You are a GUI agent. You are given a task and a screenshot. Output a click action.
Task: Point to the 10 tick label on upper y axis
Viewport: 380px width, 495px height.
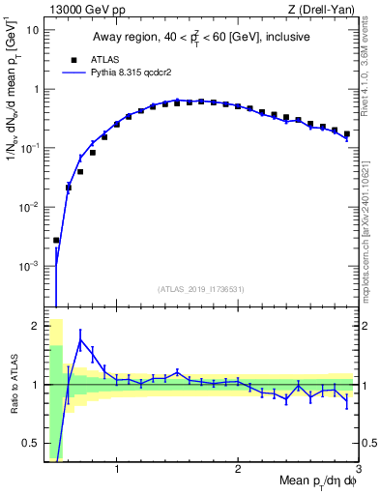pos(32,30)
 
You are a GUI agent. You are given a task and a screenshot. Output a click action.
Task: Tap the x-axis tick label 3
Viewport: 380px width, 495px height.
pos(358,470)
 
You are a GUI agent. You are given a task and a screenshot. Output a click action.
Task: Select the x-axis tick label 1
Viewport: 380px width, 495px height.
pos(117,470)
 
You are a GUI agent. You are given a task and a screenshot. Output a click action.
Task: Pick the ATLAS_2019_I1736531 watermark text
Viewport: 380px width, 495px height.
pos(200,289)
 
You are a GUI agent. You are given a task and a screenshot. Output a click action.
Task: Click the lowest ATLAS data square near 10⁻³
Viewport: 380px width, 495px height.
pos(56,240)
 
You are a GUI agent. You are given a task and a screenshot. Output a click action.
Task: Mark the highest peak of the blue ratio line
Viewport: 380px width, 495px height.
pos(80,340)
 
